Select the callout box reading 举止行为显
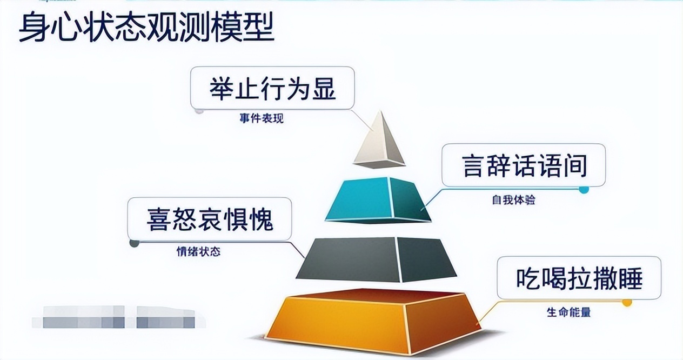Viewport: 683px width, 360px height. click(x=272, y=88)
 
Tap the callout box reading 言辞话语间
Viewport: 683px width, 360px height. click(x=523, y=165)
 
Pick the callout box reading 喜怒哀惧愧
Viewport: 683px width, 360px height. click(x=210, y=219)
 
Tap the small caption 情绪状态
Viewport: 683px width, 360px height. click(x=198, y=252)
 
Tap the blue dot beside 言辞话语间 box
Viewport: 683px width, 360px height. click(x=584, y=189)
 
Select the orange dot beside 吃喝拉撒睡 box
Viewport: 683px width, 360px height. click(x=627, y=302)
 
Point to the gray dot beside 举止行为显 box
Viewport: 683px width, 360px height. click(x=199, y=111)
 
